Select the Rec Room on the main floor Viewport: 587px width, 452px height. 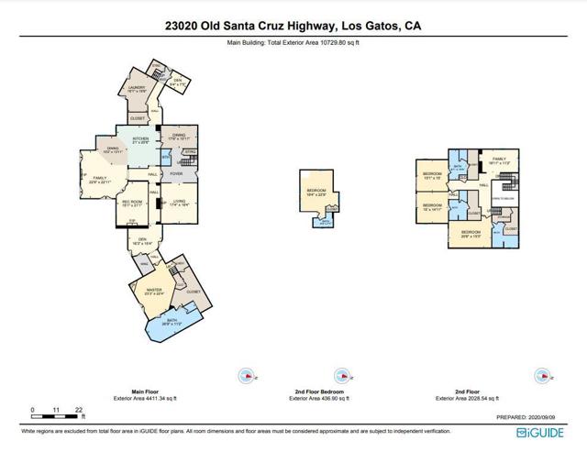pyautogui.click(x=132, y=204)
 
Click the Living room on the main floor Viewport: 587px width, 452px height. pyautogui.click(x=179, y=204)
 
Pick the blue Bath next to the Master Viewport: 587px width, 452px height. pyautogui.click(x=172, y=323)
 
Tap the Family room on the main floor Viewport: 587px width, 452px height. pyautogui.click(x=98, y=181)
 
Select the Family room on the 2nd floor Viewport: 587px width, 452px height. pyautogui.click(x=499, y=160)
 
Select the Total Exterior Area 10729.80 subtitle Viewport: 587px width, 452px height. pyautogui.click(x=293, y=43)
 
